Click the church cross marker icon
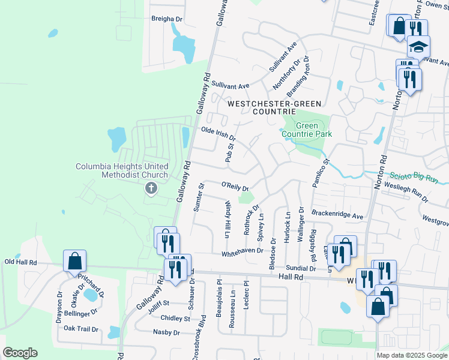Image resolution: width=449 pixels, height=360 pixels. coord(151,189)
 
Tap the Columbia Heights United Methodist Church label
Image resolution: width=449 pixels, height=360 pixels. coord(122,170)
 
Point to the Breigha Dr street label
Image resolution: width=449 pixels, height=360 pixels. coord(166,19)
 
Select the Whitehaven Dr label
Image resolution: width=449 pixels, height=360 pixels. coord(243,253)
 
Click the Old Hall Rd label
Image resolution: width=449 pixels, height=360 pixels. coord(21,262)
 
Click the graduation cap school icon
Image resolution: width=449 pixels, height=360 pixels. coord(419,47)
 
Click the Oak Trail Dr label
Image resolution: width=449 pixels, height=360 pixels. coord(81,328)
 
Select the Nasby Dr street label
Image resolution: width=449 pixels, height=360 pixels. coord(167,332)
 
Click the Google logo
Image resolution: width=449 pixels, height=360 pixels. coord(20,353)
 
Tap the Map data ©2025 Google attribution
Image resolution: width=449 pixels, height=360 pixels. coord(411,355)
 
